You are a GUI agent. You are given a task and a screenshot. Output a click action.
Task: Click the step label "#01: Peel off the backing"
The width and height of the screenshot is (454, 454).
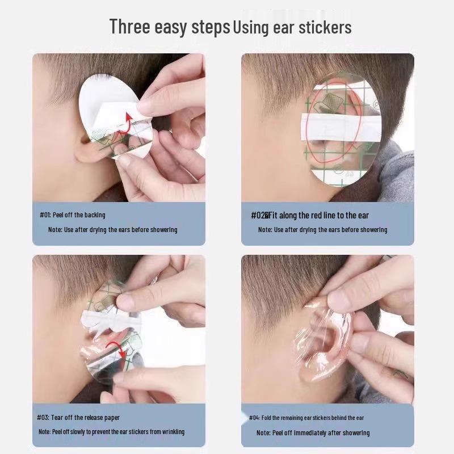72,215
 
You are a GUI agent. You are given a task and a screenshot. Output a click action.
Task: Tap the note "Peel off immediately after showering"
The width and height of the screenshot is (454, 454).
313,432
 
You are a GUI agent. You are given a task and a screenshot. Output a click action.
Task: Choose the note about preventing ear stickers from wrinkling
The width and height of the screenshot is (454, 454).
111,432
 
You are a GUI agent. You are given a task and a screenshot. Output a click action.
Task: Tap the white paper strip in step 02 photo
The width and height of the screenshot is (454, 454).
340,125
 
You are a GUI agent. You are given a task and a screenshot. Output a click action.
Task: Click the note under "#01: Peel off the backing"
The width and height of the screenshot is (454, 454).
112,230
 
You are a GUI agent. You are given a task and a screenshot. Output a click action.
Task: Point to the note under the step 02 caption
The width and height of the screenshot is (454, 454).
322,230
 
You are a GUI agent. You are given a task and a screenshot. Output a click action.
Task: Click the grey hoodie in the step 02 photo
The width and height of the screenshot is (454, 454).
394,170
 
